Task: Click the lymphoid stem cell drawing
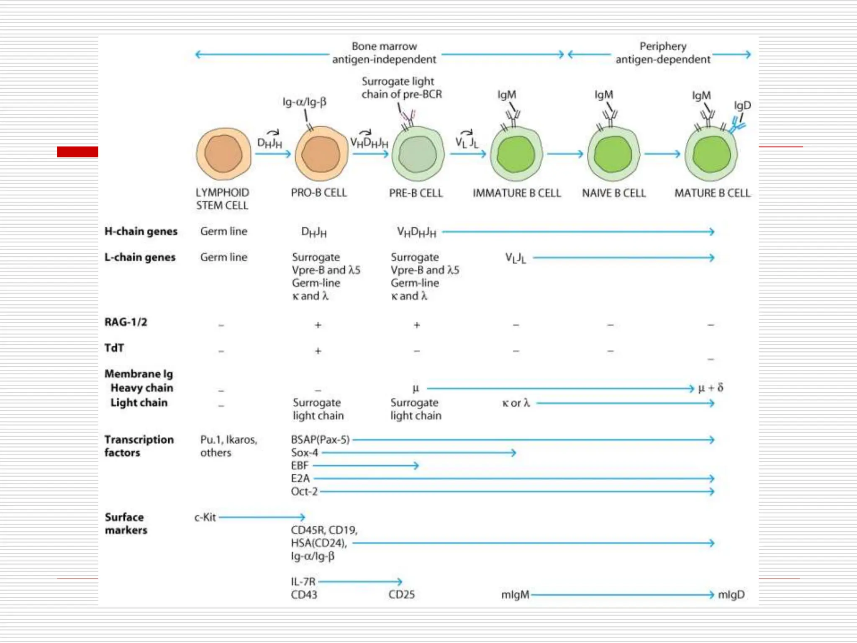point(224,154)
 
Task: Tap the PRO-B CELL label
point(319,193)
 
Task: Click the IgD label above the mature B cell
point(742,105)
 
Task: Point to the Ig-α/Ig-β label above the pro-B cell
point(304,102)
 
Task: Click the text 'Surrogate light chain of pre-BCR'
point(401,87)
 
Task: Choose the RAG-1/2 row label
point(126,322)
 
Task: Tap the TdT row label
point(114,348)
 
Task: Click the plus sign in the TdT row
point(318,351)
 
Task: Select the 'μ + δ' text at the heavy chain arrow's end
point(711,388)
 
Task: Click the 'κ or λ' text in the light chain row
point(516,403)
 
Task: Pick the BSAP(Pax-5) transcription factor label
point(320,440)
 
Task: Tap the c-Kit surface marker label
point(205,517)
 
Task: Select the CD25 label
point(401,594)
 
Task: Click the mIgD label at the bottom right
point(731,594)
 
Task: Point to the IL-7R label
point(303,581)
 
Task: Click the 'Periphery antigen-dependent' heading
point(662,52)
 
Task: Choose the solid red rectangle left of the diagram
point(77,152)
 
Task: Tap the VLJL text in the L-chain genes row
point(515,258)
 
